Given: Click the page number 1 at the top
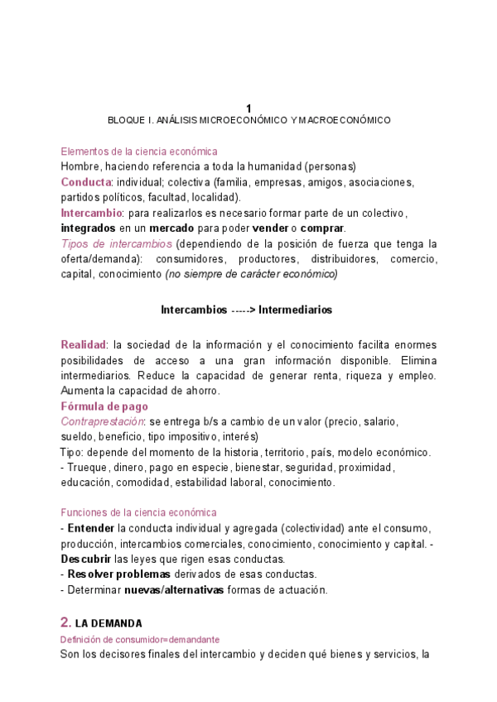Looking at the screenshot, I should click(248, 108).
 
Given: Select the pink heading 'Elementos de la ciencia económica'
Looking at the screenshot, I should click(139, 151).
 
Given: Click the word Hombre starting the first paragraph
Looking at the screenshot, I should click(80, 166).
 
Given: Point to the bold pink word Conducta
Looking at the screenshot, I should click(86, 182).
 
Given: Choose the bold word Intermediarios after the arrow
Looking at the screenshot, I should click(295, 310).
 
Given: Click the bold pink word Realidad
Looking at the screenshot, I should click(84, 344).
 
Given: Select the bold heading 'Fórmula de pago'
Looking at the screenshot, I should click(104, 406).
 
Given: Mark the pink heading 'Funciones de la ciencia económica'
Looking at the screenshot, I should click(139, 512).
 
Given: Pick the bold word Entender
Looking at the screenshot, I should click(90, 528).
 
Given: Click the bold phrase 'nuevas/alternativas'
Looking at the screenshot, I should click(173, 590).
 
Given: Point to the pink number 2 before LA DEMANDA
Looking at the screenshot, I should click(65, 622).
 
